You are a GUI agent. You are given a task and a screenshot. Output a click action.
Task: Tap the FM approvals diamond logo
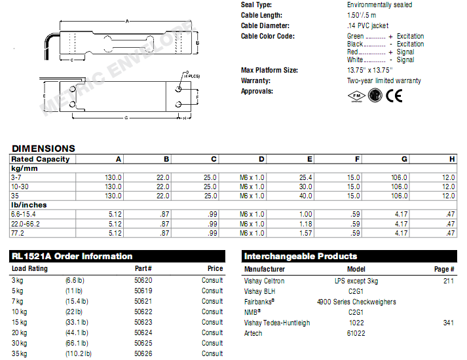(354, 96)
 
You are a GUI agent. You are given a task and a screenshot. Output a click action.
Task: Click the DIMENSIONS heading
(43, 149)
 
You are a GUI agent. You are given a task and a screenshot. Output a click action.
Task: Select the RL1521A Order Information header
(72, 257)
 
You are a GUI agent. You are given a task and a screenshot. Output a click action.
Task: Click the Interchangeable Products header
(301, 257)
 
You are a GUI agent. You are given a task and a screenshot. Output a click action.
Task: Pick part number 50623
(143, 322)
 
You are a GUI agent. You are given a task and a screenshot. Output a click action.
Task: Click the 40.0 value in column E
(305, 196)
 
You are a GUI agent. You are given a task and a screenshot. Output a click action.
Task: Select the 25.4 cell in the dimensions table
(305, 177)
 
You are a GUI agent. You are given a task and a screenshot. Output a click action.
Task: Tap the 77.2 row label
(17, 232)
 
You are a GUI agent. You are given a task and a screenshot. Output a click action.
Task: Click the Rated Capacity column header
(40, 159)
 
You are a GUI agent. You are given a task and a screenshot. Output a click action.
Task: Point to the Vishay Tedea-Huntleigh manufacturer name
(277, 323)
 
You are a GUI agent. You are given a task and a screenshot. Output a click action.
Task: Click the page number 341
(448, 323)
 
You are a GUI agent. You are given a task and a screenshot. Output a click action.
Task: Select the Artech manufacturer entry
(253, 333)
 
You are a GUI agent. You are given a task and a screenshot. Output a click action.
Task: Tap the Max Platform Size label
(269, 70)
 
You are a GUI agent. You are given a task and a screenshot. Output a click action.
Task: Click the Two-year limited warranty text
(384, 81)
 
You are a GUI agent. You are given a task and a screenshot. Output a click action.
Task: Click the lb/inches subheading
(29, 205)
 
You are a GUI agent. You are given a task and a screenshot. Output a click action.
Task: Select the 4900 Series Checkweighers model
(356, 302)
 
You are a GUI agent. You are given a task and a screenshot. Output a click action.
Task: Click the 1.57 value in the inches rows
(305, 232)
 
